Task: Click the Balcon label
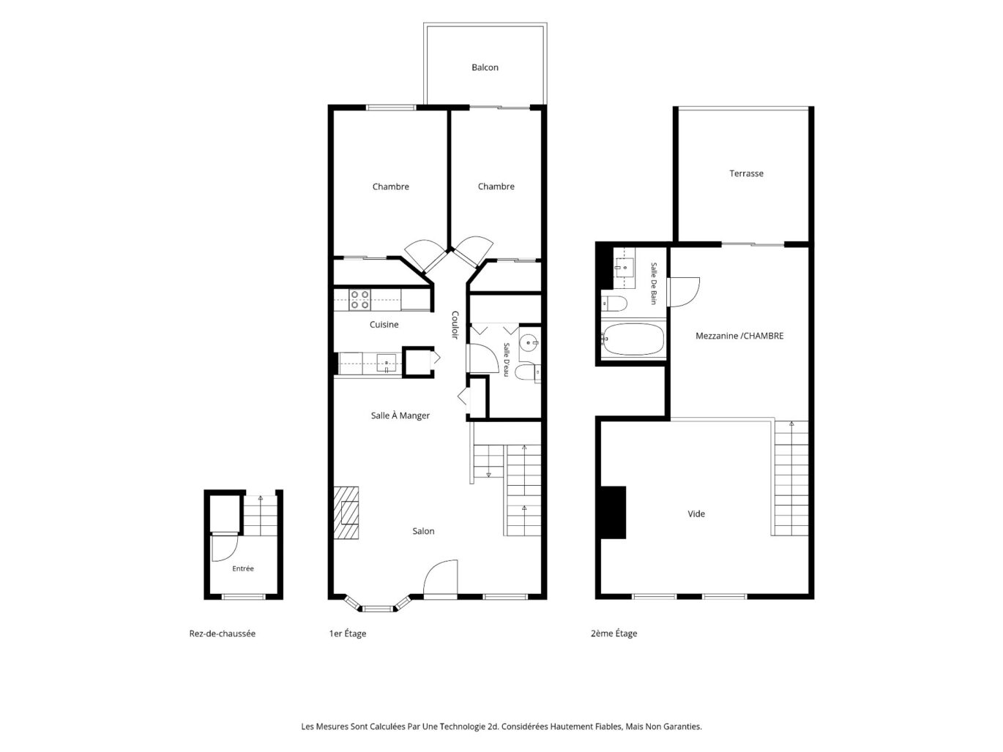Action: pos(485,67)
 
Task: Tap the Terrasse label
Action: pos(746,173)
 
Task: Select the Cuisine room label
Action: pos(384,325)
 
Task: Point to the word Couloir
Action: pos(455,325)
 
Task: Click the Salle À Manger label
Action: pos(400,416)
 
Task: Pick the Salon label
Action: pos(423,531)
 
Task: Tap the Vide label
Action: pos(696,514)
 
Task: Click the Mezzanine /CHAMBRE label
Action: pos(739,336)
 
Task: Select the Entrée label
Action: pos(242,568)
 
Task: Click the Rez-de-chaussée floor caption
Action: pos(222,633)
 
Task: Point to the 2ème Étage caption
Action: pos(614,633)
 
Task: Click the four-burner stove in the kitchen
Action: pos(359,299)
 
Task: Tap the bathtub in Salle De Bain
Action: pos(633,339)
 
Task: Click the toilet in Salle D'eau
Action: pos(528,372)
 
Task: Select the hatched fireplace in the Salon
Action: pos(346,513)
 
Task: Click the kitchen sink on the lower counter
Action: pos(386,363)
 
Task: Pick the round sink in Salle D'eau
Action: pos(530,342)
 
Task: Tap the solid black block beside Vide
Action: pos(613,512)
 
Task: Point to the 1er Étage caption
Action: pos(347,633)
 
